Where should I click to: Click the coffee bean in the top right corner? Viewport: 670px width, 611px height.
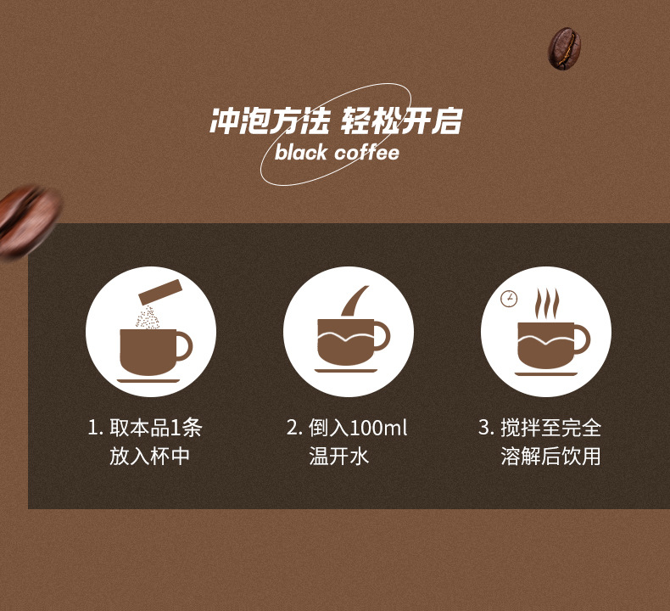(564, 47)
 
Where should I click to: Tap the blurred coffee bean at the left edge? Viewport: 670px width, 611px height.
(27, 221)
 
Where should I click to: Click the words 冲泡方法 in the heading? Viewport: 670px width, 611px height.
(269, 121)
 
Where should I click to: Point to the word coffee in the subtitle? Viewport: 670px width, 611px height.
(366, 154)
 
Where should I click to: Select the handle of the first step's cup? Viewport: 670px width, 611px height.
(183, 345)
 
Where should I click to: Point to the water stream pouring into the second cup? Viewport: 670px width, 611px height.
(355, 301)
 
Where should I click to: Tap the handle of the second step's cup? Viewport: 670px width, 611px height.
(381, 335)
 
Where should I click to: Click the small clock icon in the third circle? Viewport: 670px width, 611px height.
(509, 299)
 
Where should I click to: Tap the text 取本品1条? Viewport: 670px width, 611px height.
(157, 428)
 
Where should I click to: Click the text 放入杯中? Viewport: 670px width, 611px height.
(149, 457)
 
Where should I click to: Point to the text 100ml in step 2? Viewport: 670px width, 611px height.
(378, 428)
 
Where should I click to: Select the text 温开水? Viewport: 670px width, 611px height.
(340, 457)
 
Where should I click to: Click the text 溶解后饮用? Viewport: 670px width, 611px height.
(551, 457)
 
